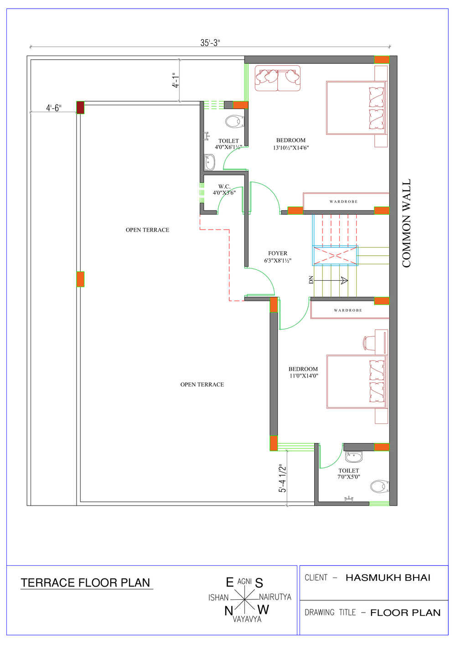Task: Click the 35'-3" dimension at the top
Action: point(210,42)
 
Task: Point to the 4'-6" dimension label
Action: point(54,108)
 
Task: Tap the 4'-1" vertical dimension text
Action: point(176,80)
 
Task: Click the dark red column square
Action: point(80,108)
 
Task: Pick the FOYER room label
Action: point(278,253)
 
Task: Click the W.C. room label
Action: point(224,186)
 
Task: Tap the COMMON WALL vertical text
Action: point(406,223)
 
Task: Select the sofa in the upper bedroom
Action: point(277,78)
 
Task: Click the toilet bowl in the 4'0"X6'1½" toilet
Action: point(234,122)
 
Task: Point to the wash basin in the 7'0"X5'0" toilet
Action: point(354,456)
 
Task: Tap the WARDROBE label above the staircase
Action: point(344,201)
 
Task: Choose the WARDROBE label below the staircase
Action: point(348,310)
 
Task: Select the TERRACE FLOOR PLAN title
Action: point(86,583)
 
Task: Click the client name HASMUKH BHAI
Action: point(388,578)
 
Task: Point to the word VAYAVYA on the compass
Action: point(247,619)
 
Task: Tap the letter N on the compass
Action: point(229,611)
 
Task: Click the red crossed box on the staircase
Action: point(335,255)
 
